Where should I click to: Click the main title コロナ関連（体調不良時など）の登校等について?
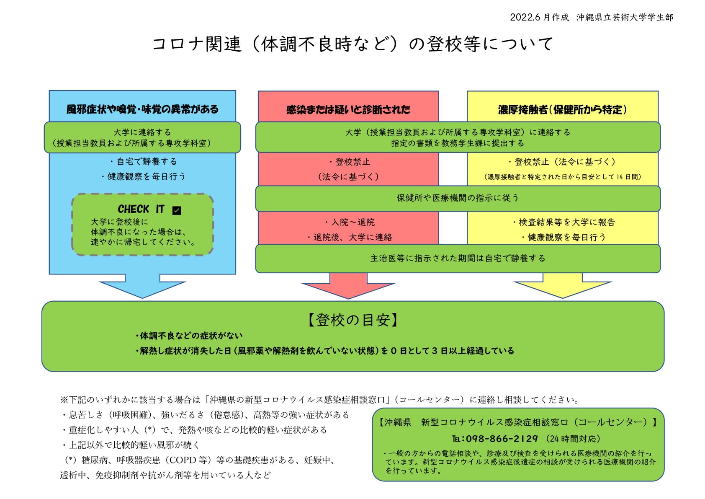[x=352, y=44]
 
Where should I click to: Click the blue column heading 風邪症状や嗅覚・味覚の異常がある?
[x=142, y=109]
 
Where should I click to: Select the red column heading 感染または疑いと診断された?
[x=348, y=110]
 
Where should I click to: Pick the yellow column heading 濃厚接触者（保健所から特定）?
[x=562, y=110]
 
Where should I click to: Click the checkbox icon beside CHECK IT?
[x=177, y=210]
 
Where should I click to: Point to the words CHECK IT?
[x=141, y=209]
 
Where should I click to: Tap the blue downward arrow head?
[x=142, y=290]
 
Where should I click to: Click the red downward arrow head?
[x=348, y=291]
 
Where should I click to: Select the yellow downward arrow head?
[x=562, y=290]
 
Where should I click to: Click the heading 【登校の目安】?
[x=352, y=320]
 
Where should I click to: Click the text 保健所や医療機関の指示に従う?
[x=458, y=198]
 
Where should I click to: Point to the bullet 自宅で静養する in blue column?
[x=147, y=162]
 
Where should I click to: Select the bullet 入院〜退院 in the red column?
[x=353, y=222]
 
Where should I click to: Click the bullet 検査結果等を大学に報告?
[x=566, y=222]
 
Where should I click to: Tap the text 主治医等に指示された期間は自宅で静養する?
[x=458, y=259]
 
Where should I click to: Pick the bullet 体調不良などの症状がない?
[x=191, y=336]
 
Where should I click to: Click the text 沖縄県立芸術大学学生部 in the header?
[x=625, y=17]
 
